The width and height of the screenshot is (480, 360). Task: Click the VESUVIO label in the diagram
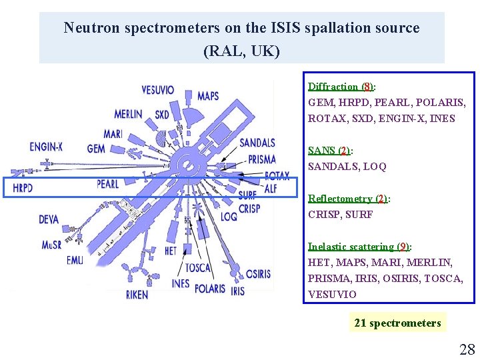tap(158, 90)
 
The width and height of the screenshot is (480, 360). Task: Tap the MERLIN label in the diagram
tap(128, 114)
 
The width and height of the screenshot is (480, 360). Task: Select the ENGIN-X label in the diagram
tap(46, 147)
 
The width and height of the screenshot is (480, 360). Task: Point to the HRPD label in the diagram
tap(23, 188)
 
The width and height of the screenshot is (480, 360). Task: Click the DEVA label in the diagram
tap(49, 219)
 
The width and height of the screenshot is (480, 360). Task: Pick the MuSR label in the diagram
tap(51, 245)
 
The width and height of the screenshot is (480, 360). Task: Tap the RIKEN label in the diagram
tap(137, 294)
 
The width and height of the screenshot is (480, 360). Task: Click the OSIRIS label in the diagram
tap(259, 274)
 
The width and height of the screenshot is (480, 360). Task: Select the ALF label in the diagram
tap(271, 189)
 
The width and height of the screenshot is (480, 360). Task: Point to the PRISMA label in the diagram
tap(261, 159)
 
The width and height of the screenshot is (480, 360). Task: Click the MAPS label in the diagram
tap(208, 96)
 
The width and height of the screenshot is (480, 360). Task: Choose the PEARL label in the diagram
tap(107, 183)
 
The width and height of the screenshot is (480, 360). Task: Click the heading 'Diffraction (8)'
tap(341, 87)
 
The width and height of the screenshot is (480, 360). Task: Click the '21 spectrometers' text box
tap(397, 323)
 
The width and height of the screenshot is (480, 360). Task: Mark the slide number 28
tap(467, 349)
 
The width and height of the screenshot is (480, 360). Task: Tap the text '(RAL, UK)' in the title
tap(241, 51)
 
